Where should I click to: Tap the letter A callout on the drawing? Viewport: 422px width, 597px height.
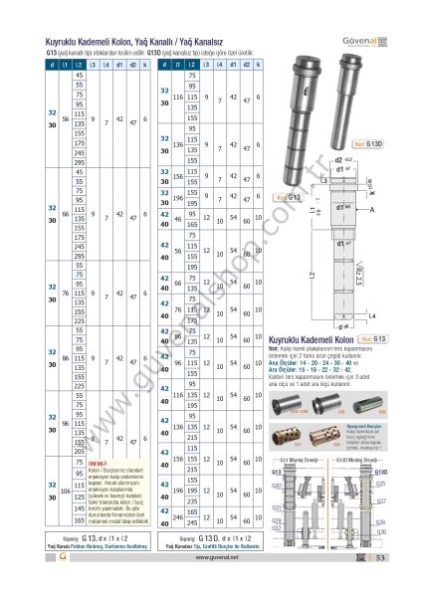click(x=371, y=212)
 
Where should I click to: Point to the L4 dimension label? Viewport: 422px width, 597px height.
click(x=373, y=315)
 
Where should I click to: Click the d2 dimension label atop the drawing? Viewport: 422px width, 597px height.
click(x=340, y=159)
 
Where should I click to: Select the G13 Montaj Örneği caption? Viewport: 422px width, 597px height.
click(x=297, y=461)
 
